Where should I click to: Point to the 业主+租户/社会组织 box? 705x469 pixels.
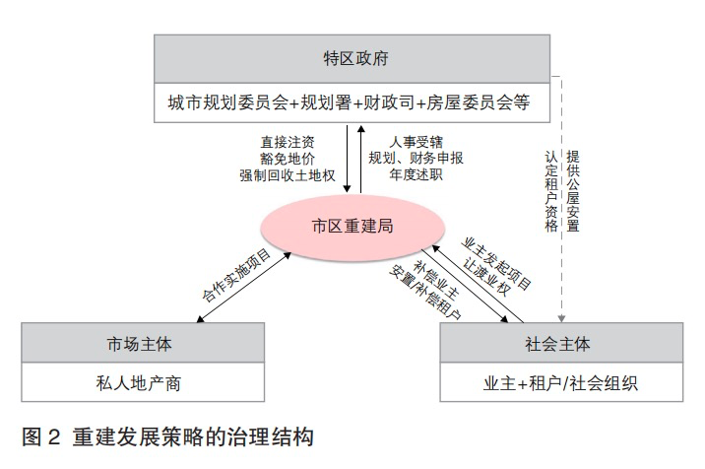[x=561, y=381]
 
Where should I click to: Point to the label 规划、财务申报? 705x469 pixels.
[x=416, y=158]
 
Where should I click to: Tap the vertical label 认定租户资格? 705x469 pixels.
[x=551, y=190]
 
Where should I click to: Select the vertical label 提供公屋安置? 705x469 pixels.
[x=573, y=190]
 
